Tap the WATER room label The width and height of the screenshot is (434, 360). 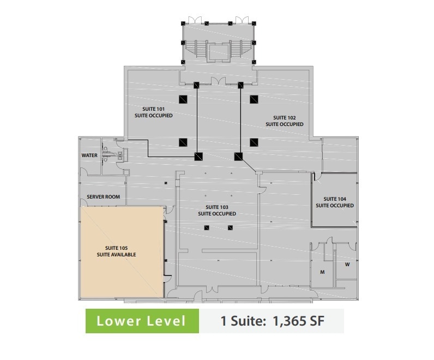point(89,155)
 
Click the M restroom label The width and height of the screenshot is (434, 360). point(322,272)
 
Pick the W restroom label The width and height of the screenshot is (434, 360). point(347,265)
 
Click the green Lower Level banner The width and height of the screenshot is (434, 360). point(141,321)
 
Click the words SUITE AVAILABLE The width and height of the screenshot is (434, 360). point(116,255)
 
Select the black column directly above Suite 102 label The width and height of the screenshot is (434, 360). point(254,99)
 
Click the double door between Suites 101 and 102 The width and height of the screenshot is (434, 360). point(219,82)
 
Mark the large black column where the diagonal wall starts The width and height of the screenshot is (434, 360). point(238,157)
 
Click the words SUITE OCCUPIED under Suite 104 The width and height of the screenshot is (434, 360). point(334,206)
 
